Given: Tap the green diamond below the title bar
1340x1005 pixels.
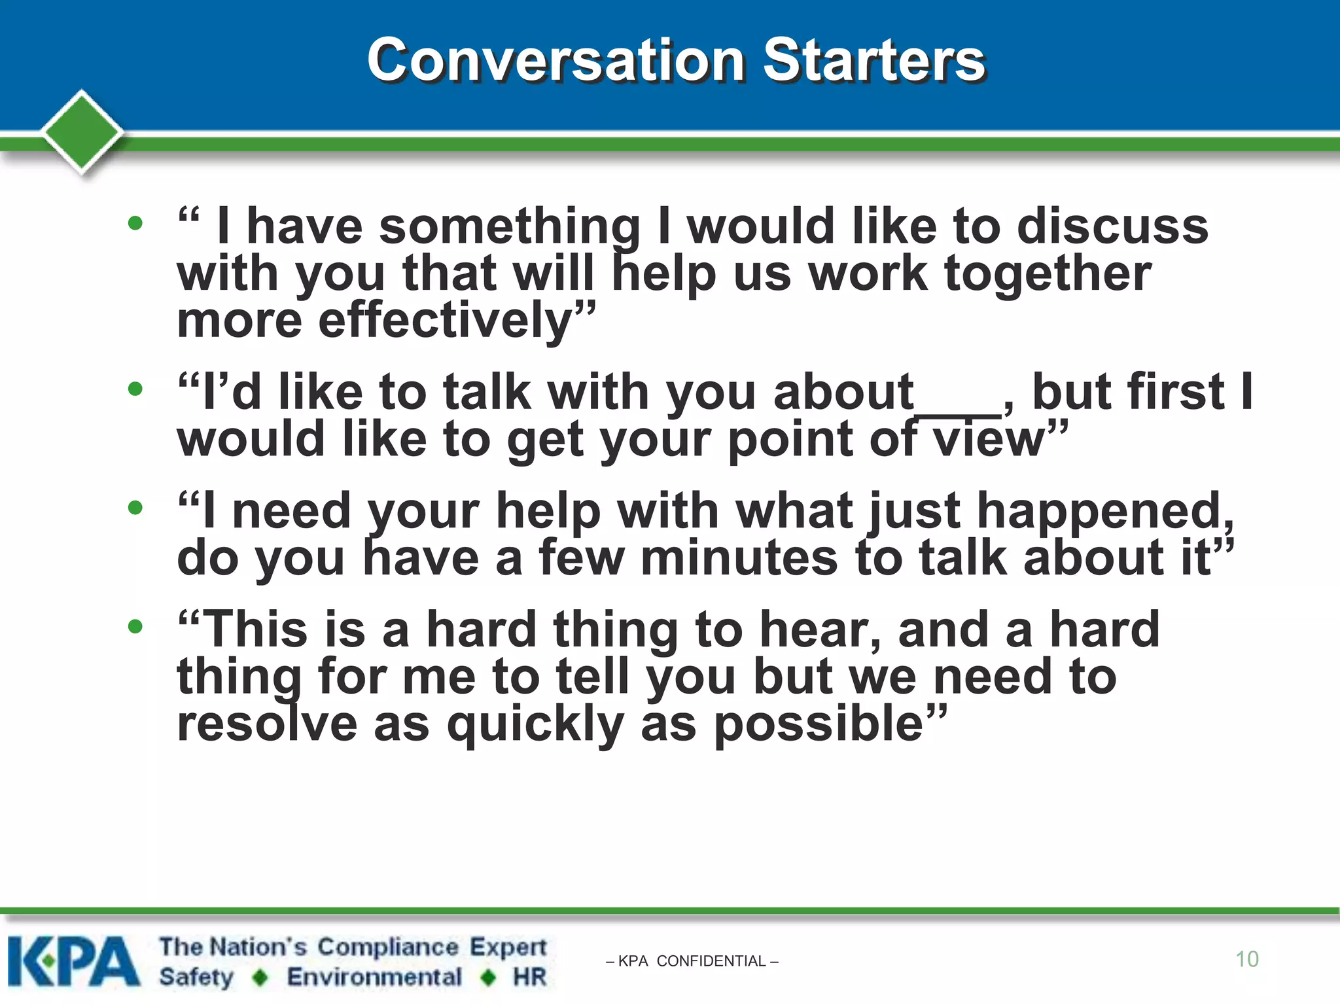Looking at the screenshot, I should [82, 131].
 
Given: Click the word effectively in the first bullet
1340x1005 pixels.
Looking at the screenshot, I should [445, 321].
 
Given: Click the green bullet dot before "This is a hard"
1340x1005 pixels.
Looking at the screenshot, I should [135, 627].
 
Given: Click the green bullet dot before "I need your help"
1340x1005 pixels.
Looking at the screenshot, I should [135, 508].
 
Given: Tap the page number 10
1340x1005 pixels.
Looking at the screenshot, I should [1246, 959].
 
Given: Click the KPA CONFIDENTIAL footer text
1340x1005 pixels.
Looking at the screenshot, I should [692, 961].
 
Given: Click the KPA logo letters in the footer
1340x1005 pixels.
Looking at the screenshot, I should [73, 962].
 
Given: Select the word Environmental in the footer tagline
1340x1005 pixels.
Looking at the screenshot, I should [374, 977].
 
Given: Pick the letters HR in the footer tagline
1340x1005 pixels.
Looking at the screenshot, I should [529, 977].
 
